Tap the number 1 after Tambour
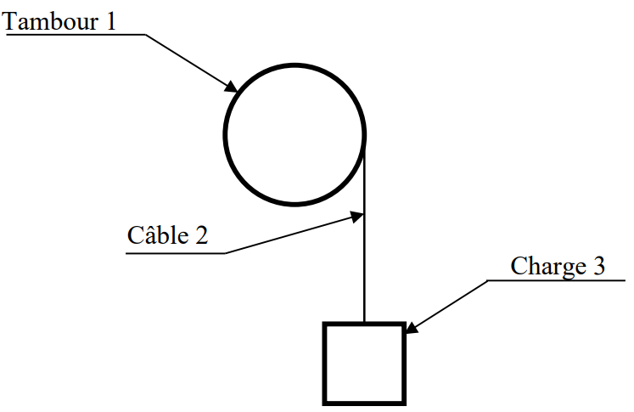click(x=109, y=20)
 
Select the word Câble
click(x=155, y=234)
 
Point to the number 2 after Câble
click(x=200, y=234)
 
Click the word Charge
click(x=542, y=266)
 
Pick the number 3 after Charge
click(x=598, y=266)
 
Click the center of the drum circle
click(x=295, y=133)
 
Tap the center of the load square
click(x=363, y=363)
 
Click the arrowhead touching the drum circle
click(x=231, y=86)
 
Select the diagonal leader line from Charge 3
click(x=450, y=304)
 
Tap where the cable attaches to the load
click(x=364, y=324)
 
